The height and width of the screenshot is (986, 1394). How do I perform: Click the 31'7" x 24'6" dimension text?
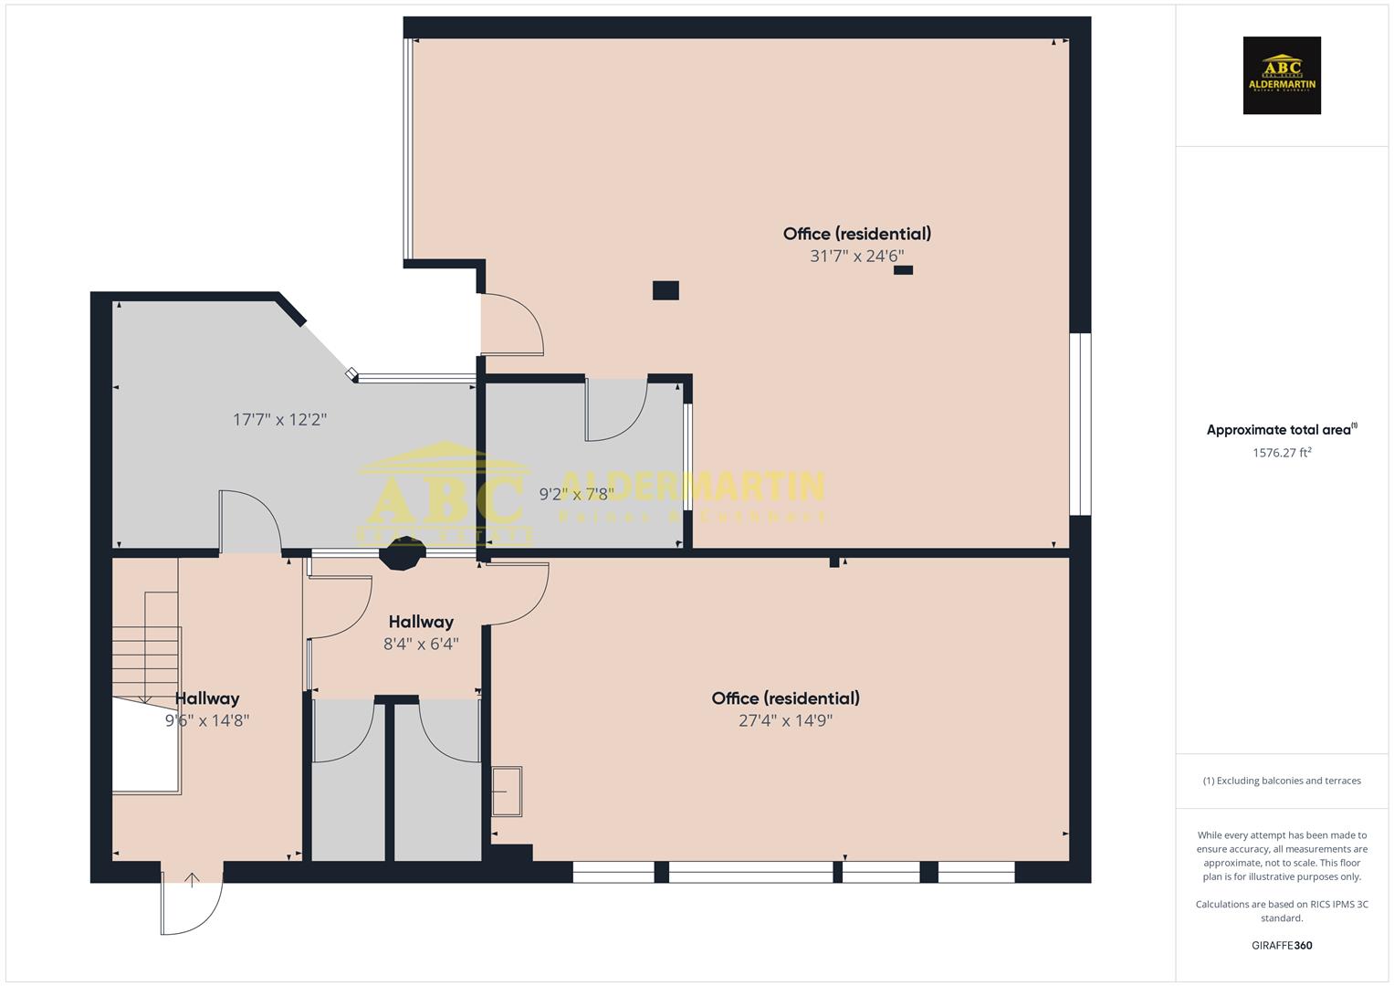click(856, 257)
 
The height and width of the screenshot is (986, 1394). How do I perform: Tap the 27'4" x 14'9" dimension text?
click(785, 720)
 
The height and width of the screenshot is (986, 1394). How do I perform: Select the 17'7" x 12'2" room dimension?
click(279, 420)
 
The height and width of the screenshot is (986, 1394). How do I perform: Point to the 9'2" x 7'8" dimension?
click(575, 494)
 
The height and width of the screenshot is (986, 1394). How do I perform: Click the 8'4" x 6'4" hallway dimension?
click(421, 644)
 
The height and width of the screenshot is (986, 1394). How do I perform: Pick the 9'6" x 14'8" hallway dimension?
click(207, 720)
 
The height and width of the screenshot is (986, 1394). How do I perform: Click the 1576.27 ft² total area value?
click(1282, 453)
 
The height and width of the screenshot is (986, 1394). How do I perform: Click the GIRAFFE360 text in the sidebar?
click(1282, 945)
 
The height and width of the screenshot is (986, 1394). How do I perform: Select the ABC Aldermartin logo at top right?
click(1282, 76)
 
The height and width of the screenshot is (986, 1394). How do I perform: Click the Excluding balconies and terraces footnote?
click(1282, 781)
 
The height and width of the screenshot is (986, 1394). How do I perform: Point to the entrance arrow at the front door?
click(192, 880)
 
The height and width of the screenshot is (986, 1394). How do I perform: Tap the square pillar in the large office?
click(666, 290)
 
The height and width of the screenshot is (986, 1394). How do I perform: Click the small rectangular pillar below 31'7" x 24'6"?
click(903, 270)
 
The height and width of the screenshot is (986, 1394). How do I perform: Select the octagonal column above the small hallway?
click(402, 554)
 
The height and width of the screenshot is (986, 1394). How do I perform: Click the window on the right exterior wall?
click(1080, 424)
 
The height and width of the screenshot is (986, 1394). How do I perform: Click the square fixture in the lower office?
click(507, 791)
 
